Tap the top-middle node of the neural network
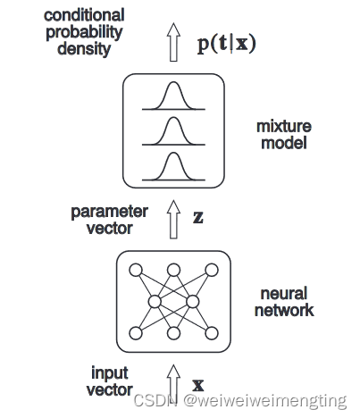[x=174, y=270]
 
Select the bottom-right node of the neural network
[x=213, y=333]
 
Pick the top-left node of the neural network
[x=136, y=270]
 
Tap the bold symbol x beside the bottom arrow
[x=198, y=386]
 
